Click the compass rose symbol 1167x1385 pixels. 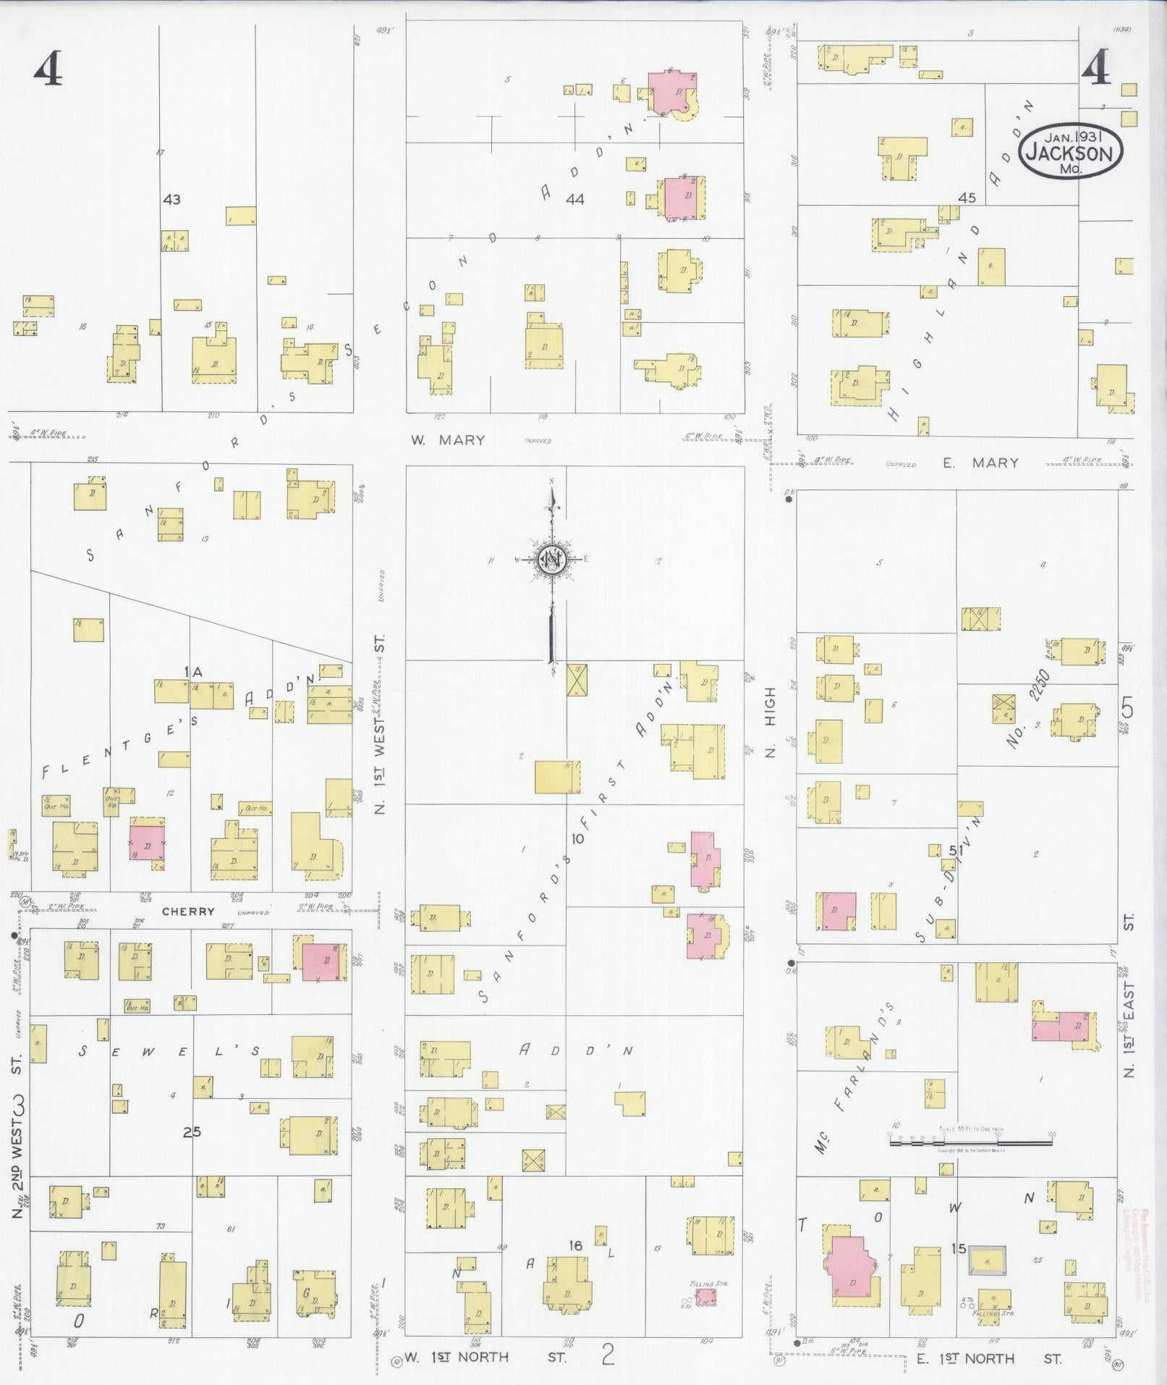point(551,560)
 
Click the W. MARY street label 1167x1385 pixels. point(448,440)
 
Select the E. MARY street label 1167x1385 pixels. point(980,463)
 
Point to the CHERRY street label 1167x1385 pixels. point(188,912)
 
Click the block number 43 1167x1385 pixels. point(171,199)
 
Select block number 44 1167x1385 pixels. point(574,199)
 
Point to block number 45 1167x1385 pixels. point(967,198)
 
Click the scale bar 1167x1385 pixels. point(970,1142)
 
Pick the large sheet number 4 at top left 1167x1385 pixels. point(48,70)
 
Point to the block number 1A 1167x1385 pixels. point(192,673)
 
